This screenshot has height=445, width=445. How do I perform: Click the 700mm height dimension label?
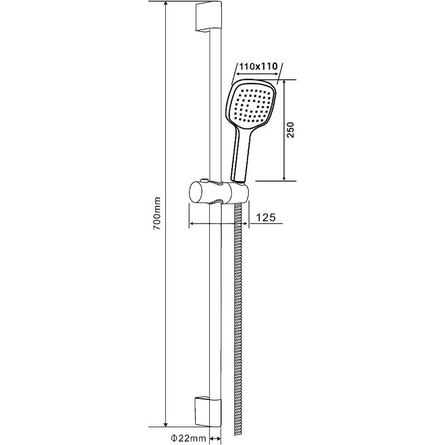click(x=157, y=214)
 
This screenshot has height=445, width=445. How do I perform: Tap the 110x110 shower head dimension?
click(x=258, y=66)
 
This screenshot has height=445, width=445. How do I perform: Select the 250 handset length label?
click(x=290, y=130)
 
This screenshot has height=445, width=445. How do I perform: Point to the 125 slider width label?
click(x=266, y=217)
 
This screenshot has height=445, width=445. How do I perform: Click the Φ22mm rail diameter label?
click(x=189, y=438)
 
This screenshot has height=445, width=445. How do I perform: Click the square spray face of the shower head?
click(x=253, y=107)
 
